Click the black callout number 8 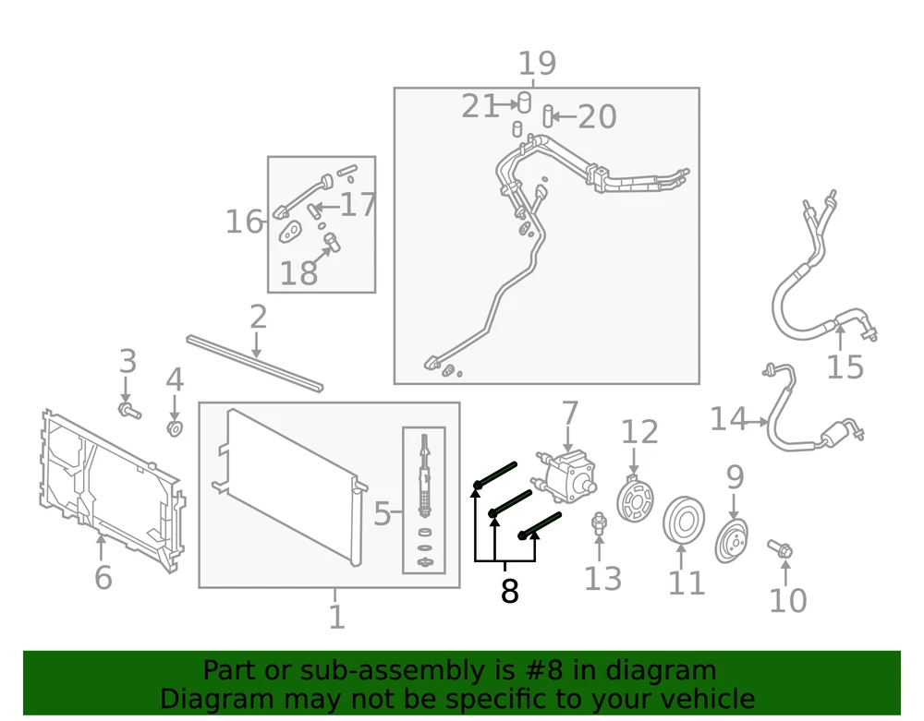pyautogui.click(x=510, y=591)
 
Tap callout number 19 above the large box pyautogui.click(x=537, y=63)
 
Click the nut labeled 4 pyautogui.click(x=175, y=427)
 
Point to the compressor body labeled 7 pyautogui.click(x=566, y=475)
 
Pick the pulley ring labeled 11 pyautogui.click(x=684, y=521)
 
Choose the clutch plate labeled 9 pyautogui.click(x=731, y=540)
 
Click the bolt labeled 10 pyautogui.click(x=780, y=548)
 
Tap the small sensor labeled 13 pyautogui.click(x=599, y=523)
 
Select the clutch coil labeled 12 pyautogui.click(x=635, y=499)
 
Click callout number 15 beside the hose pyautogui.click(x=845, y=367)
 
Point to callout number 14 pyautogui.click(x=728, y=419)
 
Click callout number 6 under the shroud pyautogui.click(x=103, y=577)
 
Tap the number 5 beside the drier pyautogui.click(x=382, y=514)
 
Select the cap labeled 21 pyautogui.click(x=524, y=102)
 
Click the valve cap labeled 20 pyautogui.click(x=548, y=116)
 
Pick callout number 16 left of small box pyautogui.click(x=244, y=222)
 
